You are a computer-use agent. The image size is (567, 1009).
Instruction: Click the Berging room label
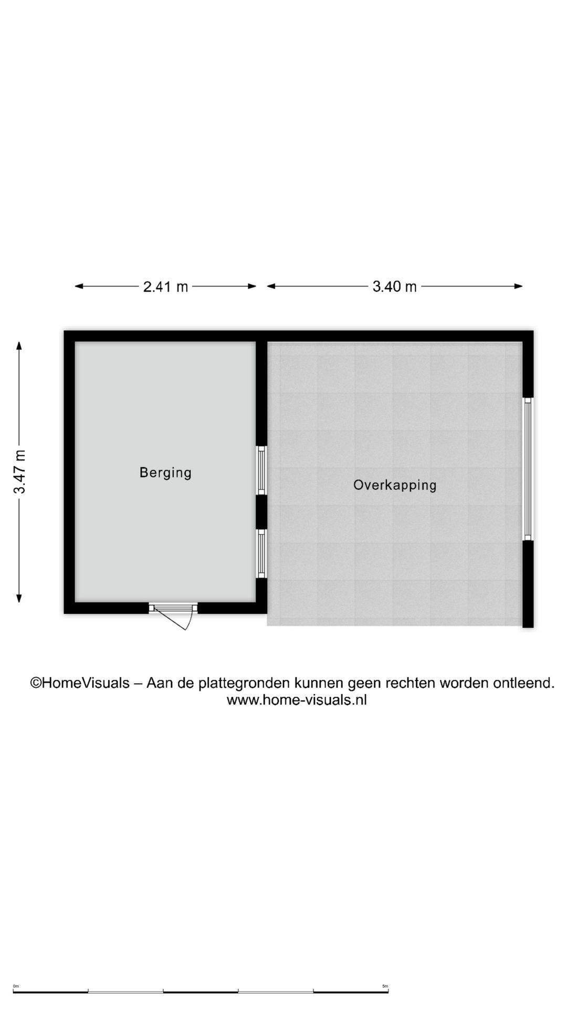[x=165, y=472]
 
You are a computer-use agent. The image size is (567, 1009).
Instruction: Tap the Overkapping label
[x=395, y=485]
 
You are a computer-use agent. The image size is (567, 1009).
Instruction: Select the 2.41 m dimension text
[x=165, y=286]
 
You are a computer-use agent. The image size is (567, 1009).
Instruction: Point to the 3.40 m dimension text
[x=394, y=286]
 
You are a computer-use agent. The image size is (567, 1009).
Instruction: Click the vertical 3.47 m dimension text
[x=19, y=472]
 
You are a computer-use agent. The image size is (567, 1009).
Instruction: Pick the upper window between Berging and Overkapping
[x=261, y=470]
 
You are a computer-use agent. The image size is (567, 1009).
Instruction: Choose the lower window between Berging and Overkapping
[x=261, y=553]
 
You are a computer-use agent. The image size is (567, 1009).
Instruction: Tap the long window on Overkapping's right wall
[x=528, y=469]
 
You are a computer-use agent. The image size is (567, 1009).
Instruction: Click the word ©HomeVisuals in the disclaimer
[x=80, y=683]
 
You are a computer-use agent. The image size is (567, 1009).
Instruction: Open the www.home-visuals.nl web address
[x=297, y=699]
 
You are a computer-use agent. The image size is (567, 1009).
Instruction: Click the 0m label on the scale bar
[x=16, y=986]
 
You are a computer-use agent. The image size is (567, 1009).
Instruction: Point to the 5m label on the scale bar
[x=385, y=986]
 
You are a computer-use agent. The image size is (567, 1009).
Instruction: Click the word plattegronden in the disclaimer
[x=245, y=683]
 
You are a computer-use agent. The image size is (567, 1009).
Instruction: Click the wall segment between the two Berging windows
[x=261, y=511]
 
